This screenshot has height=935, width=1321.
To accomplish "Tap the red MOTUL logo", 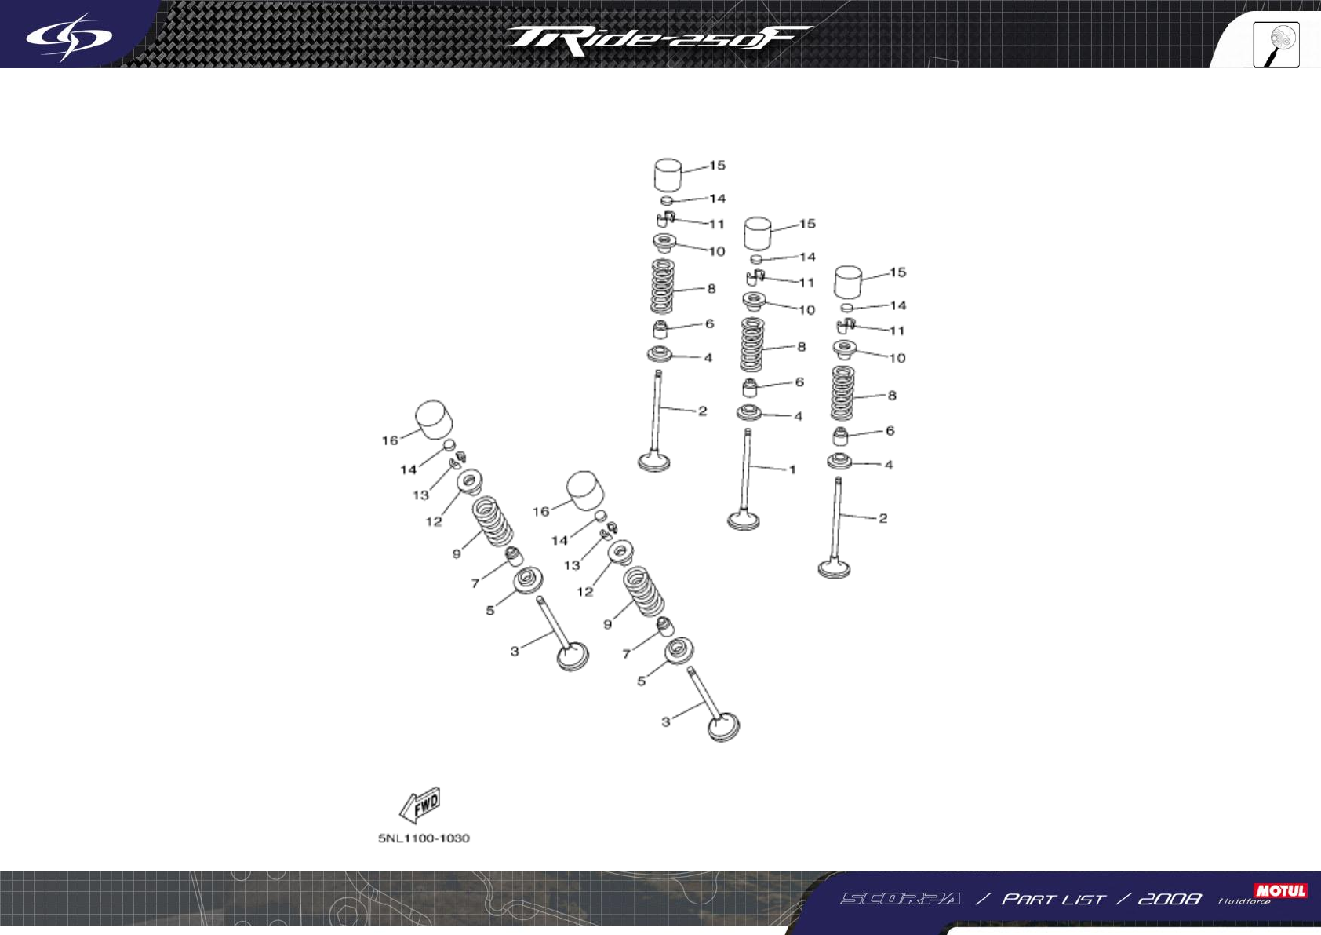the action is pos(1280,890).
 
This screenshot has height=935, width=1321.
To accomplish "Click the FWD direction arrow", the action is pos(420,805).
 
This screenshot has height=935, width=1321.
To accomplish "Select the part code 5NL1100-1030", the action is pos(424,838).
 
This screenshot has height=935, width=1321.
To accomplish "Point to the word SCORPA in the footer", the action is pos(900,899).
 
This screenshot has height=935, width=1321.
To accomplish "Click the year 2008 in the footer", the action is pos(1169,899).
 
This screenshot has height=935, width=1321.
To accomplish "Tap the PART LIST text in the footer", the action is pos(1053,899).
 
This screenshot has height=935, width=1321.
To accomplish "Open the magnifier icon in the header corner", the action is pos(1276,45).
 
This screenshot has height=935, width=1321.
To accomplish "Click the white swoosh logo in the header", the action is pos(68,36).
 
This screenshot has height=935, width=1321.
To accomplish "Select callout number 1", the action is pos(792,469).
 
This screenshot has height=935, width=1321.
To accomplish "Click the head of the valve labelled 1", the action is pos(743,520).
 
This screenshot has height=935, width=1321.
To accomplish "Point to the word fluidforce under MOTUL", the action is pos(1243,902).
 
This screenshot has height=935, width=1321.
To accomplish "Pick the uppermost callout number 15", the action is pos(717,166).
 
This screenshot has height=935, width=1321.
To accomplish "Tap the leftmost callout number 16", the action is pos(390,440).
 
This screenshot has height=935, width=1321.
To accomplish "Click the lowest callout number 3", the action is pos(666,721).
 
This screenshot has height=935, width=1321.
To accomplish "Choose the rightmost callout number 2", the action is pos(882,518).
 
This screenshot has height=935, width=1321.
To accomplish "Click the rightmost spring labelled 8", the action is pos(842,393).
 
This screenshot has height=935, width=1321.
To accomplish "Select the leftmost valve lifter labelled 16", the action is pos(433,421).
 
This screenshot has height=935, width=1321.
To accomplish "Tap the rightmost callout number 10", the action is pos(897,358).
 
